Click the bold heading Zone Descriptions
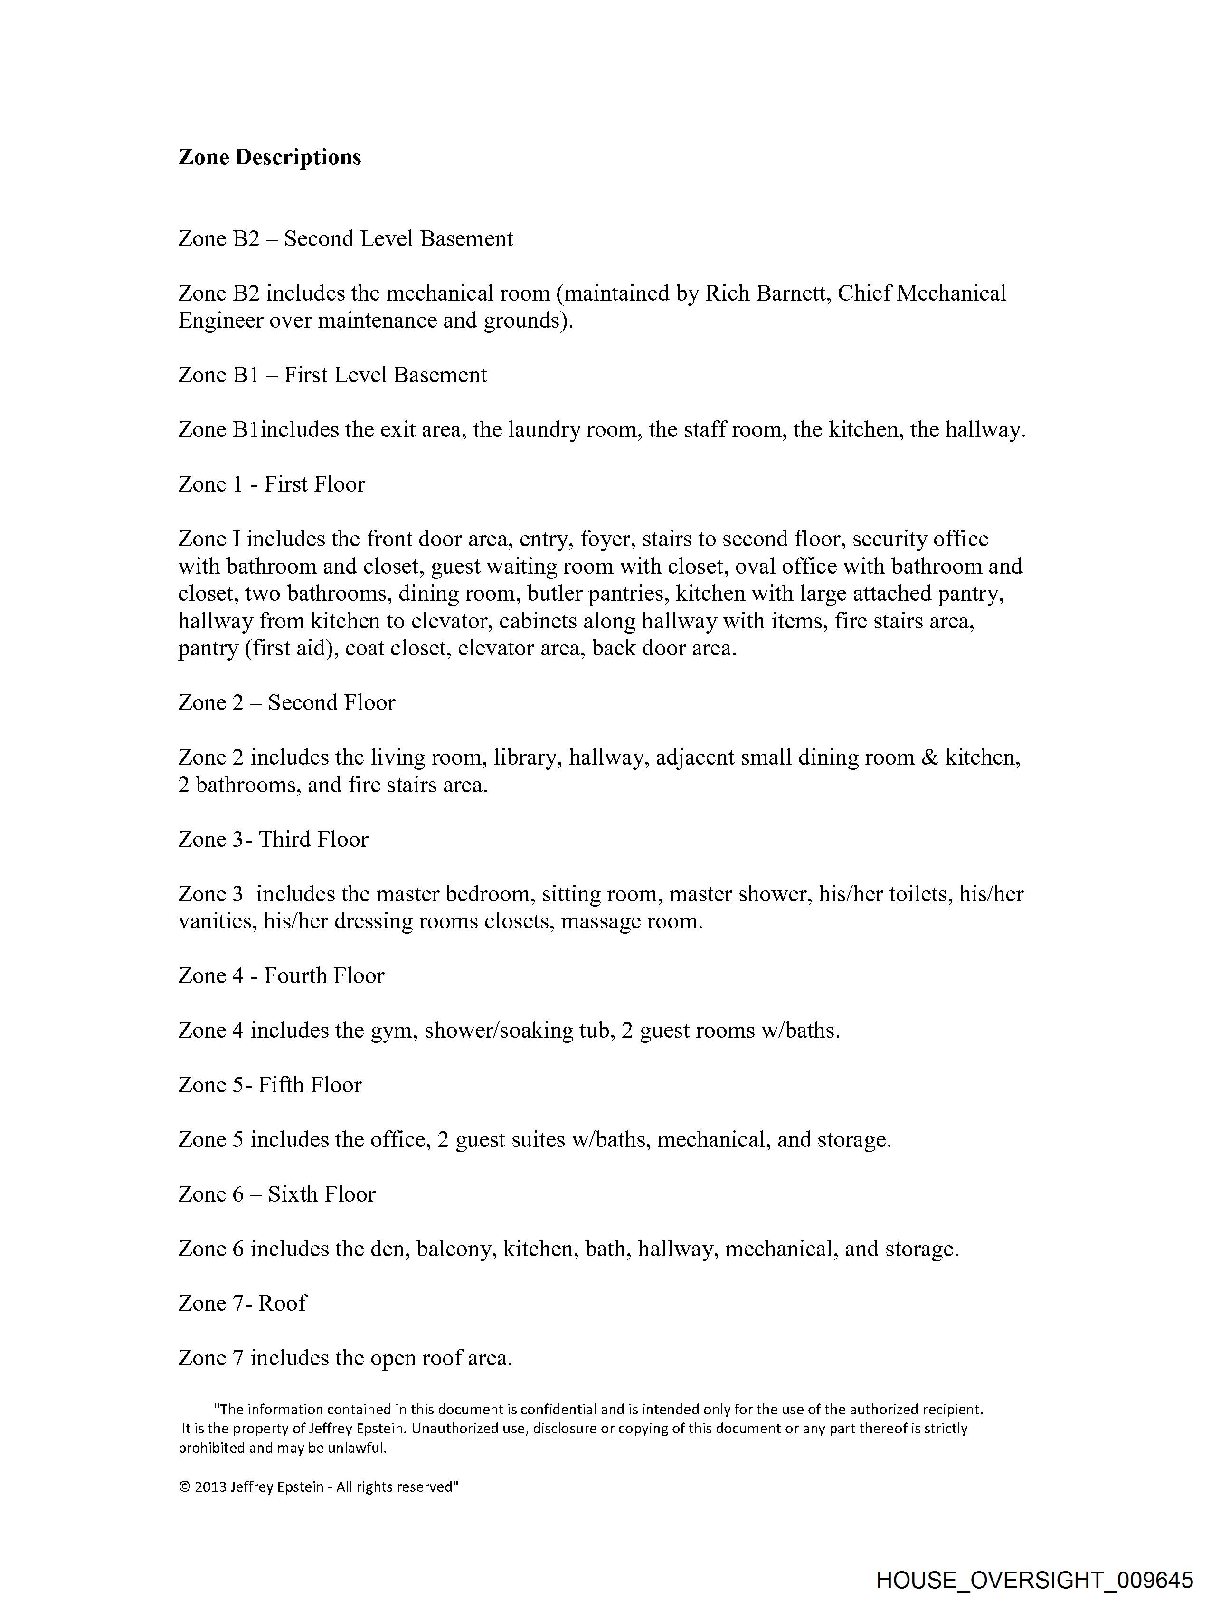[269, 157]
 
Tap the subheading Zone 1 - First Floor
[271, 484]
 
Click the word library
[525, 757]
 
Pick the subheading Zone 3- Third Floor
[273, 839]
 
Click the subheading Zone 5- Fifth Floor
[270, 1085]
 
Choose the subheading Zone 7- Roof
[242, 1304]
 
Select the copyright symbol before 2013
[184, 1487]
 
